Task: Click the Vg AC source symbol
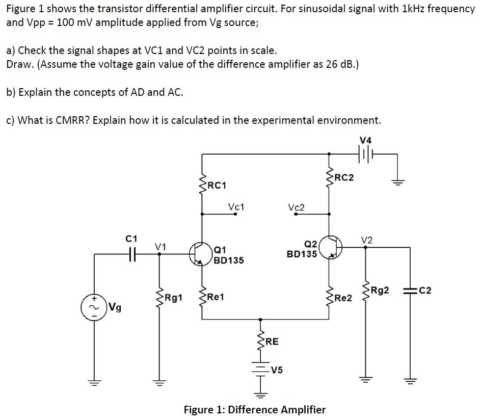(93, 306)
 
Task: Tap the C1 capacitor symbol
(131, 252)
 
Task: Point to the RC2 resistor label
(344, 177)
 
